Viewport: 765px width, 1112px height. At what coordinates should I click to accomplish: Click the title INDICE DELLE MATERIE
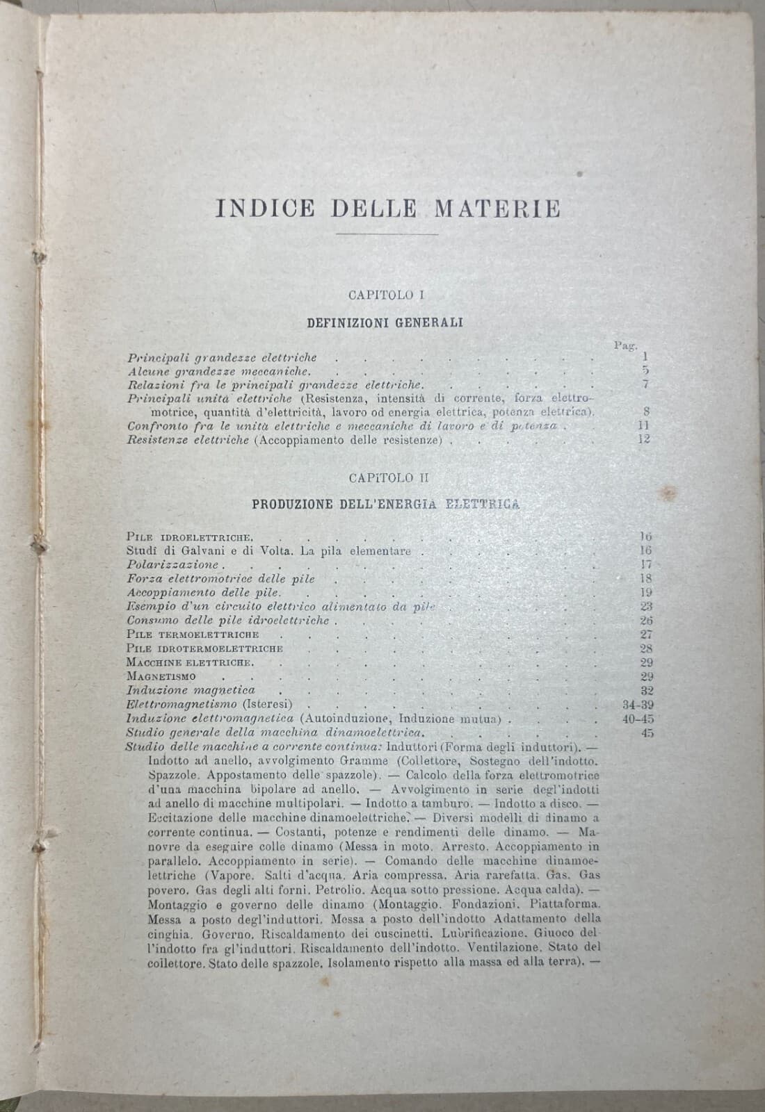[387, 208]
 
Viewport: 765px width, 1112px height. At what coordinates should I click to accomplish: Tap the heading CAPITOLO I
[387, 295]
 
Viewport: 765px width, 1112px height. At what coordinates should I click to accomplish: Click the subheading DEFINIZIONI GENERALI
[385, 322]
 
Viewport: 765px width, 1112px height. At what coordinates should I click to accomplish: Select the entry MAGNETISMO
[161, 676]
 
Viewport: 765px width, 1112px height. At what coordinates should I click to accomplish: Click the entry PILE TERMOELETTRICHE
[193, 634]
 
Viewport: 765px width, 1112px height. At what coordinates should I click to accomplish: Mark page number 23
[645, 606]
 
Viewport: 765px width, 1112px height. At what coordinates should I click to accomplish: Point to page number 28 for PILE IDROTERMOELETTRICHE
[645, 648]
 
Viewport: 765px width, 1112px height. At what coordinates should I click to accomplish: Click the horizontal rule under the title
[387, 235]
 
